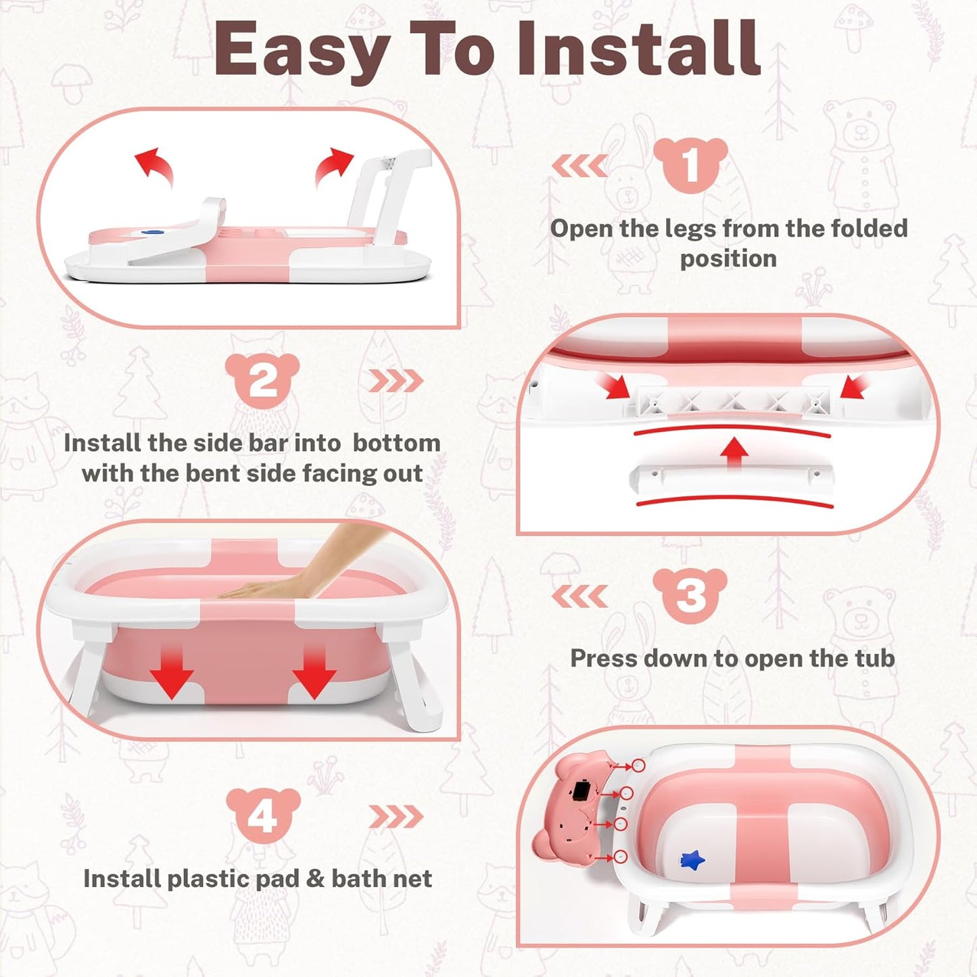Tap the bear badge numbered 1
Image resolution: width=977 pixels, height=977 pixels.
690,165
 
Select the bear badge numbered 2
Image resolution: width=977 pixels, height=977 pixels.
262,381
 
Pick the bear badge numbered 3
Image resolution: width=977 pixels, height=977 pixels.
690,596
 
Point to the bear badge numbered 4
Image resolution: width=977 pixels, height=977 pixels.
263,815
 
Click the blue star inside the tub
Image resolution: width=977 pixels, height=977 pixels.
692,860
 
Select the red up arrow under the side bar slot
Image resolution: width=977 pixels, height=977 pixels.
734,451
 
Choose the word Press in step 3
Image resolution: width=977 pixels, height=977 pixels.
603,659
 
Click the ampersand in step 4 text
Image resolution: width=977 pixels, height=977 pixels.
314,878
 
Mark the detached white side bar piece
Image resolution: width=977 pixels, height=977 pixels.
730,477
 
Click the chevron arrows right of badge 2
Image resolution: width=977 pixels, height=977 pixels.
396,381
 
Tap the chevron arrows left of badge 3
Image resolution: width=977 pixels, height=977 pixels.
579,596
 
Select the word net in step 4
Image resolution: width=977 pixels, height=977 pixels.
414,878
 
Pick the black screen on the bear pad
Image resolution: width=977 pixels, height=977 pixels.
581,790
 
